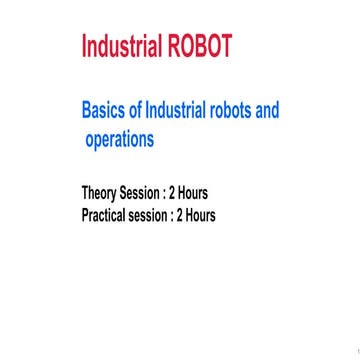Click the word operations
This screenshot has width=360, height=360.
click(119, 139)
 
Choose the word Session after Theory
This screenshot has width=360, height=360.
click(154, 192)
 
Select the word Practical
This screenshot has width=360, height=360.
click(109, 214)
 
